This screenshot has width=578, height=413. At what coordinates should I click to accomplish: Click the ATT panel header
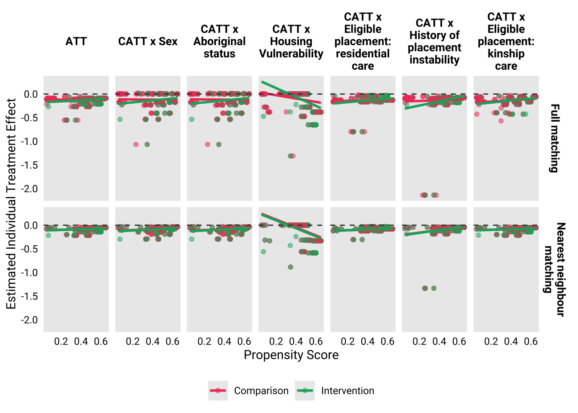(76, 41)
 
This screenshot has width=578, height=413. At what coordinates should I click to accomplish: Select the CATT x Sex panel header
(148, 41)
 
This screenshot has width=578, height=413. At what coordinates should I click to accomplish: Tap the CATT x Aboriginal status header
(219, 41)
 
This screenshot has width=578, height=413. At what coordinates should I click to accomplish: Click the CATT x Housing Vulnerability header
(291, 41)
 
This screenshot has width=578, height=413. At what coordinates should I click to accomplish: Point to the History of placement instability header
(434, 41)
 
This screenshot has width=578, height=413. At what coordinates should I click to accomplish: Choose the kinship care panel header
(506, 41)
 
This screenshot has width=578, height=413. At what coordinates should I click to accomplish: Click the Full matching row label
(554, 138)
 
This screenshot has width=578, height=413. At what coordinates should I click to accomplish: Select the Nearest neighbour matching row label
(554, 269)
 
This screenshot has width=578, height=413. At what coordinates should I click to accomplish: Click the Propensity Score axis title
(291, 355)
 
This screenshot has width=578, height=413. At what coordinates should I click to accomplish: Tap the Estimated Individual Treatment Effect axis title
(11, 203)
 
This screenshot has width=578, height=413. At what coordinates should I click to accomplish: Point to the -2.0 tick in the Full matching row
(30, 189)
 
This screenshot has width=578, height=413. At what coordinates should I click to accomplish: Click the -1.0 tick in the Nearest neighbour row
(30, 273)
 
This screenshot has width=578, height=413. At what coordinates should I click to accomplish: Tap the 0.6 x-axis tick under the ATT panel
(101, 342)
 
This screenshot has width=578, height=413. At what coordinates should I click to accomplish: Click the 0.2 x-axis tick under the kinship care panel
(491, 342)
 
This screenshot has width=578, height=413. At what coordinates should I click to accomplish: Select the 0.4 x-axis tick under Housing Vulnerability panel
(296, 342)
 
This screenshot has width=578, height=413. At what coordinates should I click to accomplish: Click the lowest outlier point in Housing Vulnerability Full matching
(291, 156)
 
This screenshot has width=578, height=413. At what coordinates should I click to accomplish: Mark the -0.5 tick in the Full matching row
(30, 118)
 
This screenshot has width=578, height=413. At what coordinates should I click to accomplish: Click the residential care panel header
(363, 41)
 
